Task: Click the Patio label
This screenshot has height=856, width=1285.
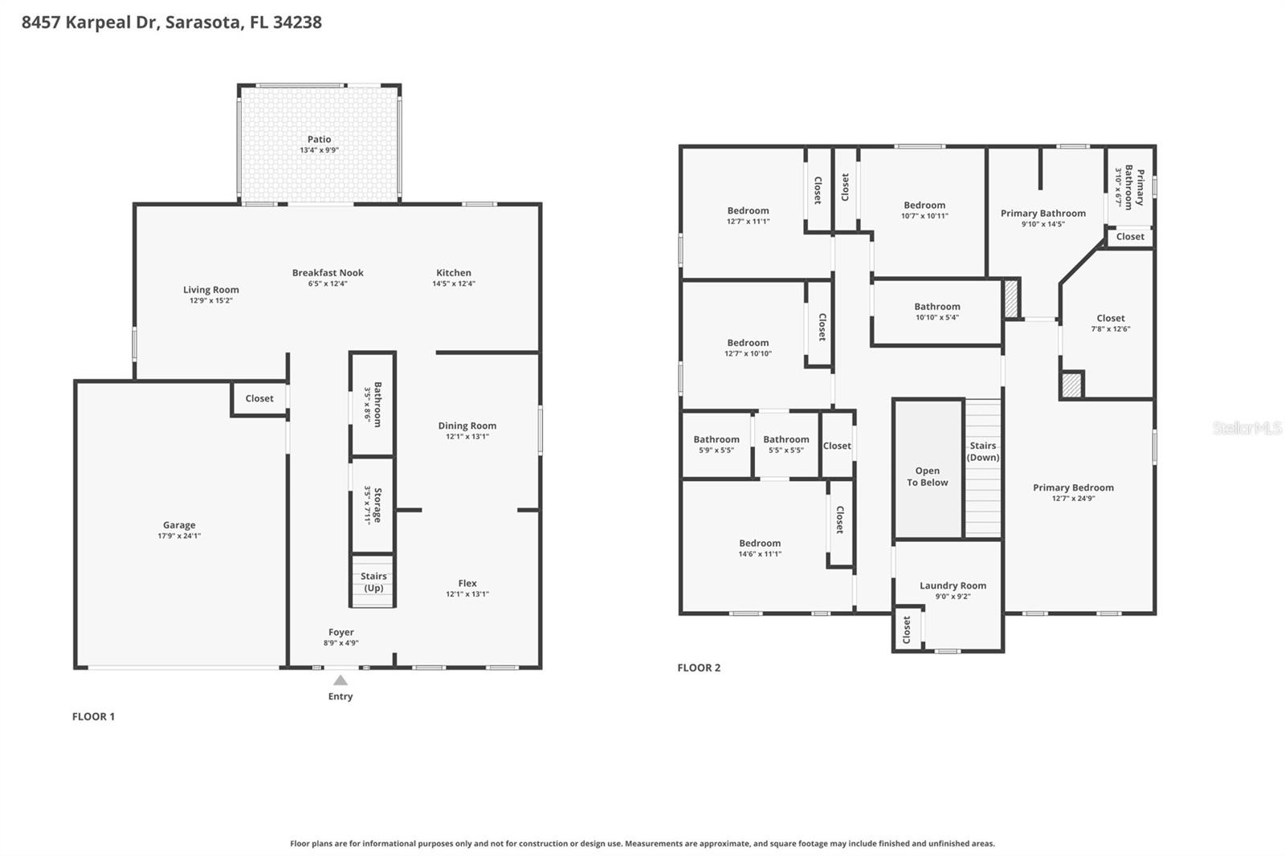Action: click(x=319, y=140)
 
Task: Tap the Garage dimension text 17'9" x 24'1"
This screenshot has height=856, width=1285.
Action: click(x=179, y=536)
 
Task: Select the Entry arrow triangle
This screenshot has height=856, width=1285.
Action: click(x=341, y=680)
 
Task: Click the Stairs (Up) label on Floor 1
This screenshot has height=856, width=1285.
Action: click(x=373, y=581)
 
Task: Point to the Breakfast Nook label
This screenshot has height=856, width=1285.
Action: click(x=328, y=273)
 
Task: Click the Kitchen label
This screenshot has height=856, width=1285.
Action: click(x=454, y=273)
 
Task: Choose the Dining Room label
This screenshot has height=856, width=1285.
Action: click(x=467, y=426)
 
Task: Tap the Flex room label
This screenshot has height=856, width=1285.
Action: click(x=467, y=583)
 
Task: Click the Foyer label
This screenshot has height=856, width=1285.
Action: click(x=341, y=632)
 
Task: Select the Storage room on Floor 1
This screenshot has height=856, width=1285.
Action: click(x=373, y=505)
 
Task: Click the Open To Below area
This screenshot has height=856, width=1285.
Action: click(x=928, y=476)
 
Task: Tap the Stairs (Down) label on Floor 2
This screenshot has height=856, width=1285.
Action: click(x=983, y=451)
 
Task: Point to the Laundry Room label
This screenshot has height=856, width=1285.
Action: click(x=953, y=585)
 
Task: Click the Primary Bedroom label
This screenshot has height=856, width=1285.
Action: click(x=1073, y=487)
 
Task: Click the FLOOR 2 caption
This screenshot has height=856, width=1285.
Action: click(x=699, y=667)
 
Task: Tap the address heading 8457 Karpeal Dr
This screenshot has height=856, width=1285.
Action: click(x=172, y=22)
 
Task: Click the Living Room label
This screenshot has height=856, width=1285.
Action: click(x=210, y=290)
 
